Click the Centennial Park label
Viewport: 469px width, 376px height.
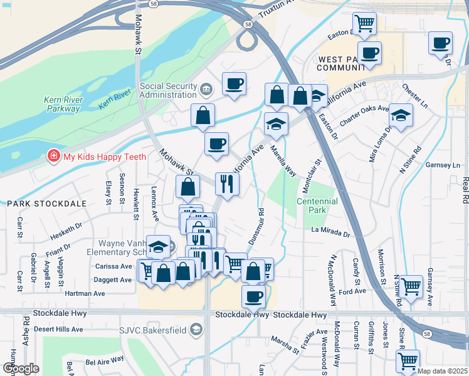coord(320,206)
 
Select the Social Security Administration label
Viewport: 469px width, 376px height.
coord(168,91)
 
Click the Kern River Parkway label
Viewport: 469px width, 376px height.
coord(62,103)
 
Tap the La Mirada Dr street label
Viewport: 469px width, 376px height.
coord(330,232)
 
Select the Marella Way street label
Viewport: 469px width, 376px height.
coord(283,162)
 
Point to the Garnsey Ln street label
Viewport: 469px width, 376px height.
coord(443,165)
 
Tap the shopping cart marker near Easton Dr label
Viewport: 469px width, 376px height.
coord(364,23)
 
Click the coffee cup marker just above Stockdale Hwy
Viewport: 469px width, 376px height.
coord(253,296)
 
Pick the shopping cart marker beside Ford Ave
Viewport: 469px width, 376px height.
coord(411,286)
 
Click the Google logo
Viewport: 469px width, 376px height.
coord(21,368)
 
